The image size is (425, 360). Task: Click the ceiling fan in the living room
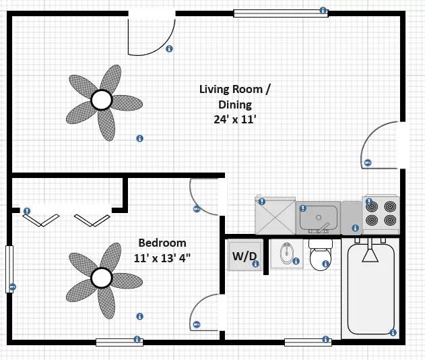102,101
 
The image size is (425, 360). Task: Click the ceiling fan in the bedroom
101,277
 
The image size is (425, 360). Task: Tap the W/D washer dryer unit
244,256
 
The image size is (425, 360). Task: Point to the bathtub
370,290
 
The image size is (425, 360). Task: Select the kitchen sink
318,218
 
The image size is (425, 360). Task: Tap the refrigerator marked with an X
275,215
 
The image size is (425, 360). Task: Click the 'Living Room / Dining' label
234,96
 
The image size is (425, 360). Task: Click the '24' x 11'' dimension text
234,119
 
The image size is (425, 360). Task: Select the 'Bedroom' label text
162,243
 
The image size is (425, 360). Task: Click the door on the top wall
150,34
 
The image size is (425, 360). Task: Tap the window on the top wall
280,12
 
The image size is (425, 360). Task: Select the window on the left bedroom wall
9,268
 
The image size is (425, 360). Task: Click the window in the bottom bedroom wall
119,342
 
